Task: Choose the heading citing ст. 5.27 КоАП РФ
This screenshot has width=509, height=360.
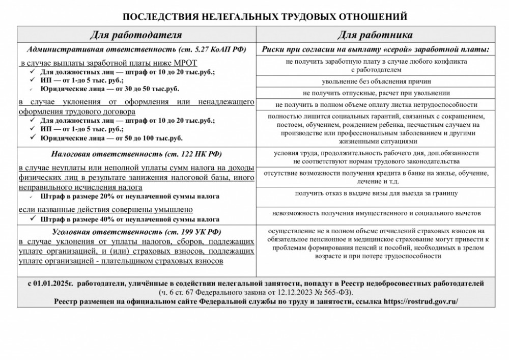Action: coord(136,49)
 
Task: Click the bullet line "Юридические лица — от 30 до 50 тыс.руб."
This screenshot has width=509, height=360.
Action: coord(109,89)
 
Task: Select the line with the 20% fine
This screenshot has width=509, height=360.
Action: coord(130,196)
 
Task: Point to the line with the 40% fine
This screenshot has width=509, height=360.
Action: coord(130,220)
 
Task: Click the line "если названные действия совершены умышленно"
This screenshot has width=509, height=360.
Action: coord(105,209)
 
